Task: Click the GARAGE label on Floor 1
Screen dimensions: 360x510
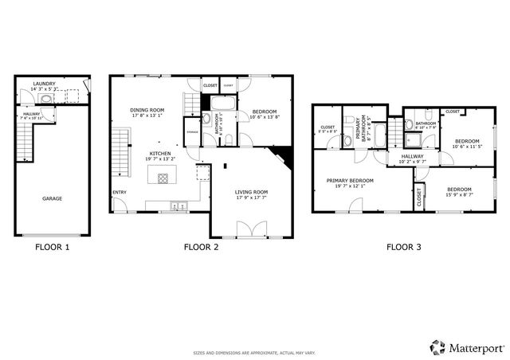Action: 52,198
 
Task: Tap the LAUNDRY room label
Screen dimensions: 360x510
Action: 44,84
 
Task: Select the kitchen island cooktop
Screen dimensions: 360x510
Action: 163,178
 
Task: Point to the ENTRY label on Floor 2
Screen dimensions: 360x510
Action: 120,192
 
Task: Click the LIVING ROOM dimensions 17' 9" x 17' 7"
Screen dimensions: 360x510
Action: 250,198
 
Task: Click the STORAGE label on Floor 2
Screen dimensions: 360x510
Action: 192,132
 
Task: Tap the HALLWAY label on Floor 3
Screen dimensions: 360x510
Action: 412,156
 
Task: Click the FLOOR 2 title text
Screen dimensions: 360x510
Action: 201,247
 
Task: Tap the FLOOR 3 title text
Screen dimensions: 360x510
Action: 404,247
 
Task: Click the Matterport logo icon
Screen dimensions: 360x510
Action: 437,346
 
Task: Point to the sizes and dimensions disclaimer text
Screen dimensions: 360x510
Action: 254,351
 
